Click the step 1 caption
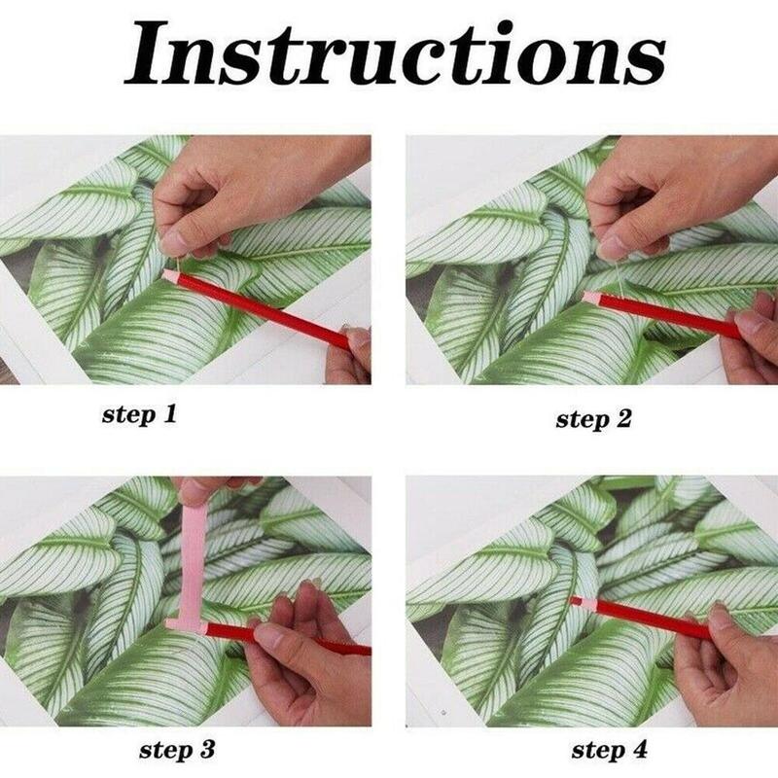pos(140,415)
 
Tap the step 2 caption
pos(593,419)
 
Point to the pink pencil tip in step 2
pos(588,293)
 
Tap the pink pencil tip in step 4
pos(576,603)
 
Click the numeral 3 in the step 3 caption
pos(206,749)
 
